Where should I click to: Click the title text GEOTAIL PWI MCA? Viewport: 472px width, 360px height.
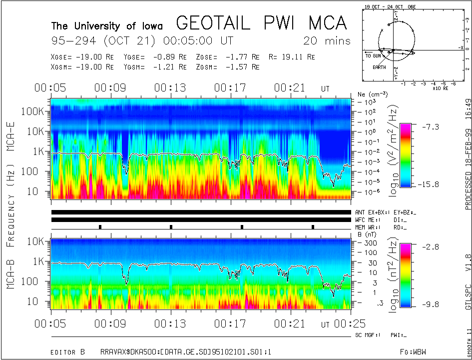pos(261,23)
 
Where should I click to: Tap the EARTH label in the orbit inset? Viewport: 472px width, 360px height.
pos(379,67)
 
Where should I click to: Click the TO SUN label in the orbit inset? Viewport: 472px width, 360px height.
pos(374,56)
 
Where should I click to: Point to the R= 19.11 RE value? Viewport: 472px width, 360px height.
pos(292,57)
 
